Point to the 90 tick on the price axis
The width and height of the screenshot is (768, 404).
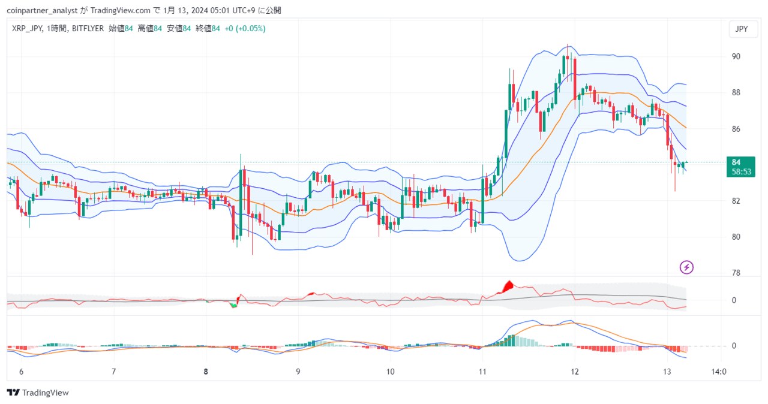(x=736, y=56)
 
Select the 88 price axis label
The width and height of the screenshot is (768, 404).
(x=736, y=93)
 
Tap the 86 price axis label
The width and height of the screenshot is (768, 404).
(x=736, y=129)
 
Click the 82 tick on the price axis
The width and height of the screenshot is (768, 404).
(x=736, y=201)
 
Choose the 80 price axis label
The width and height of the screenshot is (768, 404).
(x=736, y=237)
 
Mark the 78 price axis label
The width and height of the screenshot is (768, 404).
(x=736, y=273)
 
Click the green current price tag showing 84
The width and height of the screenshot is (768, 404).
(x=740, y=167)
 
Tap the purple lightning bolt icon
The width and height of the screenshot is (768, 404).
(x=686, y=267)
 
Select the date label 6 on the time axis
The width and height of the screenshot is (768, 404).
(x=21, y=372)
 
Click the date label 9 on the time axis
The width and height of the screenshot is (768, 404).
(x=298, y=372)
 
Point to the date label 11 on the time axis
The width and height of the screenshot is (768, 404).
(x=482, y=372)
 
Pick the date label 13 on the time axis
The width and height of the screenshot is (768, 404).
(x=667, y=372)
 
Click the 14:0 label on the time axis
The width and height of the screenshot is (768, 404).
(x=719, y=372)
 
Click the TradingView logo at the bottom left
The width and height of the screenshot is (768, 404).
(x=38, y=393)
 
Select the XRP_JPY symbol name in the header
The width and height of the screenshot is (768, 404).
(x=27, y=29)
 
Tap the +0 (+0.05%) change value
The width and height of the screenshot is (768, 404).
(x=245, y=29)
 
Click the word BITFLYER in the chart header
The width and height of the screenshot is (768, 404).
(x=88, y=29)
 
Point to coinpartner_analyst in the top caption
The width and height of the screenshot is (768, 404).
(x=42, y=11)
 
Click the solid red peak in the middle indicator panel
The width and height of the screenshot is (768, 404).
(x=508, y=287)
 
